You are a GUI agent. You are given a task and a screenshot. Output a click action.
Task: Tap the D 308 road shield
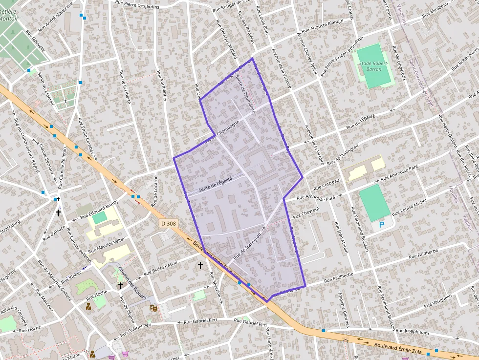169,223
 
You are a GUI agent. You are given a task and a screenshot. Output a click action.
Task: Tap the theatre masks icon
153,308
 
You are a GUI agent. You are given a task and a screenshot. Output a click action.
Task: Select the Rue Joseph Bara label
414,331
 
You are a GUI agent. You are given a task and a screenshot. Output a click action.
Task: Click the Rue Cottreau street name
327,184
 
